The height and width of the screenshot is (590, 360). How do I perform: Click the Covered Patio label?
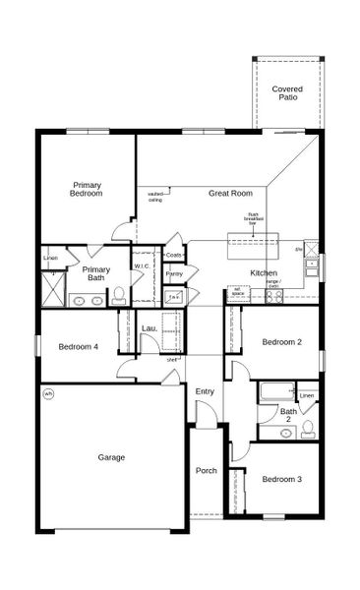point(287,93)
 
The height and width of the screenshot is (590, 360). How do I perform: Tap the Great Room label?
point(230,194)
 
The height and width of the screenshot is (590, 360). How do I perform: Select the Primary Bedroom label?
point(87,189)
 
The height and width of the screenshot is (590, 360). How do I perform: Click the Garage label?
point(110,457)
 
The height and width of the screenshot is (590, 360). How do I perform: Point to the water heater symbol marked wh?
point(47,393)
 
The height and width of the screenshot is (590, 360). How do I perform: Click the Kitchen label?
point(264,272)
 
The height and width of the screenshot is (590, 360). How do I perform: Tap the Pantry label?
point(174,274)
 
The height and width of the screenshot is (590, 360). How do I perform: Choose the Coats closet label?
point(174,256)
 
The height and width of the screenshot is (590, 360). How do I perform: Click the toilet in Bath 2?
point(308,428)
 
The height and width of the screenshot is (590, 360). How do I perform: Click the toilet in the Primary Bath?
point(118,294)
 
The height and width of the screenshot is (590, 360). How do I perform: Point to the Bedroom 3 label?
point(281,479)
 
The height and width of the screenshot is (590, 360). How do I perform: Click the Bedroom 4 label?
point(78,346)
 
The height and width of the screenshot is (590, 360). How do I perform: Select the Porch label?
point(206,470)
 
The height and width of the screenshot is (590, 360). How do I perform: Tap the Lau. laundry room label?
point(150,327)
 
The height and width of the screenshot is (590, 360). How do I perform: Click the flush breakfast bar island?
point(254,238)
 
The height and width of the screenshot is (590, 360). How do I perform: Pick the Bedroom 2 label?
point(281,342)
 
